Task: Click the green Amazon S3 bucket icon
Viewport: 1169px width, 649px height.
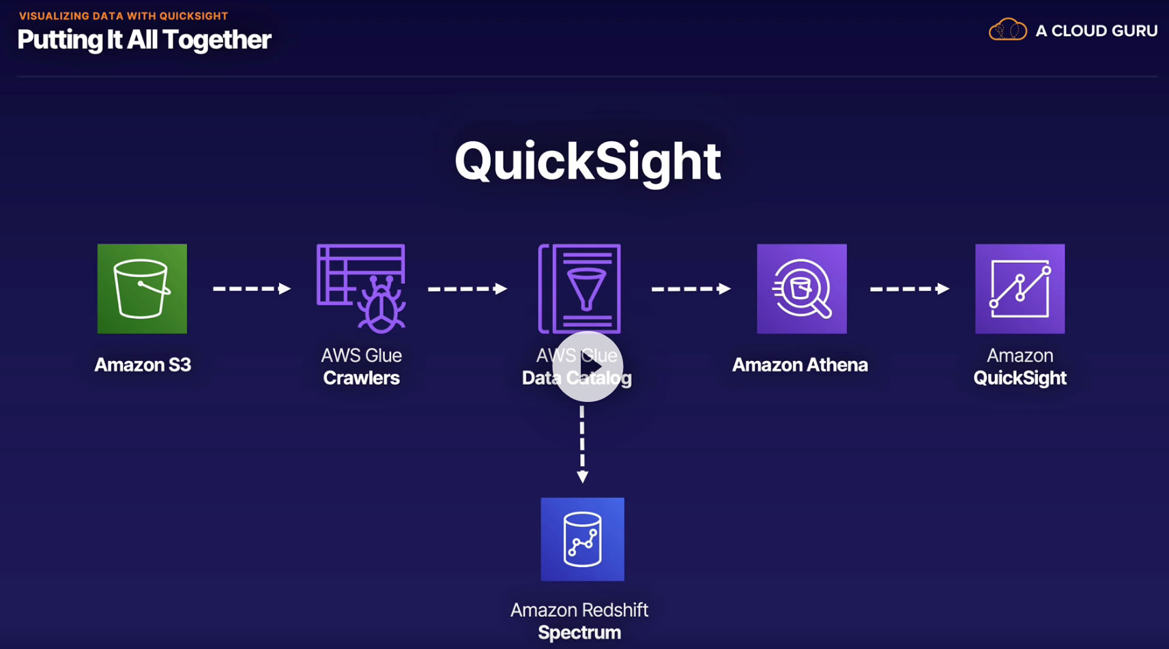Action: click(x=142, y=289)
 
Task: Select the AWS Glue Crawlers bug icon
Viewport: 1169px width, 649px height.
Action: click(x=361, y=289)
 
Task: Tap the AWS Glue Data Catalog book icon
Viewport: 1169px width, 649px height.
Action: click(x=579, y=289)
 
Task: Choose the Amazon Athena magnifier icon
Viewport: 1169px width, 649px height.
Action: click(x=802, y=289)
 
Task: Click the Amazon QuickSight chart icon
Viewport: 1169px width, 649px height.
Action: click(x=1020, y=289)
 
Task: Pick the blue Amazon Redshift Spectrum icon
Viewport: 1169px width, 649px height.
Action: click(x=582, y=539)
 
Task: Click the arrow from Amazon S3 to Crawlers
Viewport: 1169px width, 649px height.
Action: click(x=252, y=289)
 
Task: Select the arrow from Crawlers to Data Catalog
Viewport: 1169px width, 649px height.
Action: click(x=467, y=289)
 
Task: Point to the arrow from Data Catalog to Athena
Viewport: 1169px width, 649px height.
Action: click(x=691, y=289)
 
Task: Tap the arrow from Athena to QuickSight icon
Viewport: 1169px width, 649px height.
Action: click(x=910, y=289)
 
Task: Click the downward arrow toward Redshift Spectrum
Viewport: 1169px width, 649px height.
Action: click(x=582, y=444)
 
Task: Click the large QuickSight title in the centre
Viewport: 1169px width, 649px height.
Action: click(x=588, y=162)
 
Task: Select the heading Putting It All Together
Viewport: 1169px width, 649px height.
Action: click(x=144, y=40)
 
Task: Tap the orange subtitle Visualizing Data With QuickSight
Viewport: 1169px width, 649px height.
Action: click(x=124, y=16)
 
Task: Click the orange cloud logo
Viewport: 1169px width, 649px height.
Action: click(x=1007, y=29)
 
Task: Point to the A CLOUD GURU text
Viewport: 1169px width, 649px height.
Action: click(x=1097, y=31)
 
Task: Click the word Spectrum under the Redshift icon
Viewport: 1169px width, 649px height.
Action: click(x=579, y=633)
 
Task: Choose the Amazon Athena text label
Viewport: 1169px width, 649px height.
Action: click(x=800, y=364)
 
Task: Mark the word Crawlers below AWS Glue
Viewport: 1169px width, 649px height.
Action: click(x=361, y=377)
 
